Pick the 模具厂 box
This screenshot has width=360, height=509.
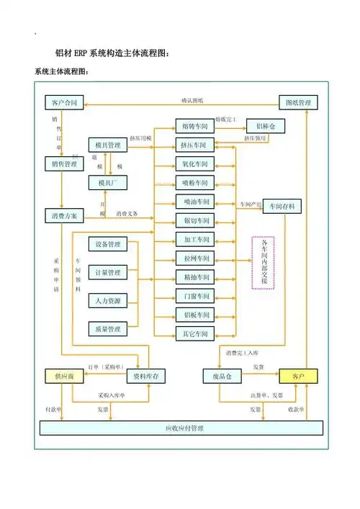[107, 184]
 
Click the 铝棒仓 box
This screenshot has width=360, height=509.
[266, 126]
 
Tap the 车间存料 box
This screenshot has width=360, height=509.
[282, 207]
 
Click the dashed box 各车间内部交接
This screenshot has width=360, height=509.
[264, 262]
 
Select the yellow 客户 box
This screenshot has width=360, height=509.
[297, 376]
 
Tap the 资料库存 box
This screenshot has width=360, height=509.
[148, 376]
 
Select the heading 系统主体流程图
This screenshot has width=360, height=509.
[61, 71]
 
